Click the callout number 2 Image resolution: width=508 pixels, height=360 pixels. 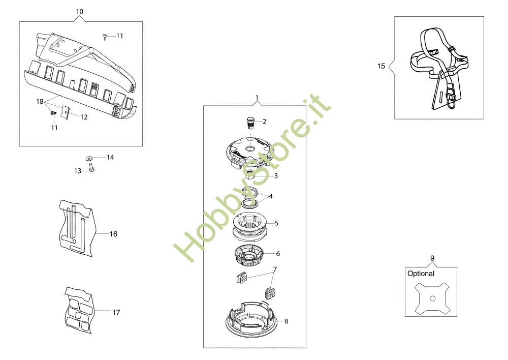pyautogui.click(x=264, y=122)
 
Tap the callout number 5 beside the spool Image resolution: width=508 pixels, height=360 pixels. pyautogui.click(x=276, y=223)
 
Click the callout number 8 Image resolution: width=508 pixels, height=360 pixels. pyautogui.click(x=287, y=321)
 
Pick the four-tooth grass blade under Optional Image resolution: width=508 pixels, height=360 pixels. pyautogui.click(x=432, y=298)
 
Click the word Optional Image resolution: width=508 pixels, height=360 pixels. pyautogui.click(x=421, y=274)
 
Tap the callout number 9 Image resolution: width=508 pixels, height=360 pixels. pyautogui.click(x=432, y=258)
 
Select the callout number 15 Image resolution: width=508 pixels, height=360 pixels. pyautogui.click(x=381, y=66)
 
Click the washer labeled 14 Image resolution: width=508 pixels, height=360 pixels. pyautogui.click(x=89, y=159)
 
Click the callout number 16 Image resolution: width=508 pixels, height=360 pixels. pyautogui.click(x=113, y=234)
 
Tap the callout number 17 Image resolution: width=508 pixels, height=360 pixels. pyautogui.click(x=116, y=312)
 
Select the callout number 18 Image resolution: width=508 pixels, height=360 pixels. pyautogui.click(x=40, y=102)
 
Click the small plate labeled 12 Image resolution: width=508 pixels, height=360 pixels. pyautogui.click(x=66, y=112)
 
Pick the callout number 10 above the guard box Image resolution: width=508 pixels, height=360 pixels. pyautogui.click(x=79, y=12)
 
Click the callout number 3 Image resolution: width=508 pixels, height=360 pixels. pyautogui.click(x=276, y=176)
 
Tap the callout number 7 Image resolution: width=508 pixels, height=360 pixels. pyautogui.click(x=275, y=269)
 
